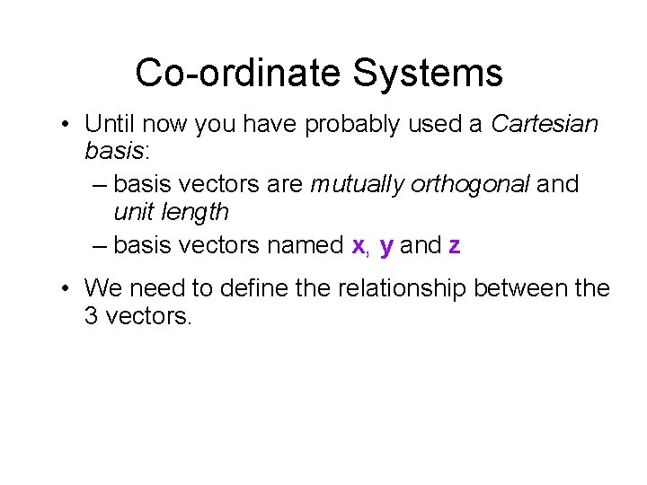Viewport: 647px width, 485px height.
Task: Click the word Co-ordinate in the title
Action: click(238, 73)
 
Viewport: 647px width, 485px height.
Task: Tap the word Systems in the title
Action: click(427, 73)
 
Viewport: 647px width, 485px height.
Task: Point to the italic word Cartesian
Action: click(545, 124)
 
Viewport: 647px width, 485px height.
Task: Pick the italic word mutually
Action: click(357, 185)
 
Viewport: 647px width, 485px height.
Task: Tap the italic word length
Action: click(194, 213)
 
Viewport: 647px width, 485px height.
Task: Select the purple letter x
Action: click(358, 245)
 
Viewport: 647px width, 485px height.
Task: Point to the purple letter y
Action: click(386, 246)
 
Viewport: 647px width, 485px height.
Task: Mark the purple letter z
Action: click(454, 245)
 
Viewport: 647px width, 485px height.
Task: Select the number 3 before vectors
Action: click(91, 317)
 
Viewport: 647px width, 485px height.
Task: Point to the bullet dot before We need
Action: click(66, 289)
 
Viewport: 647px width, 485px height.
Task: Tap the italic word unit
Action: click(132, 213)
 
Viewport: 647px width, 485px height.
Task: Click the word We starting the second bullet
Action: click(102, 288)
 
